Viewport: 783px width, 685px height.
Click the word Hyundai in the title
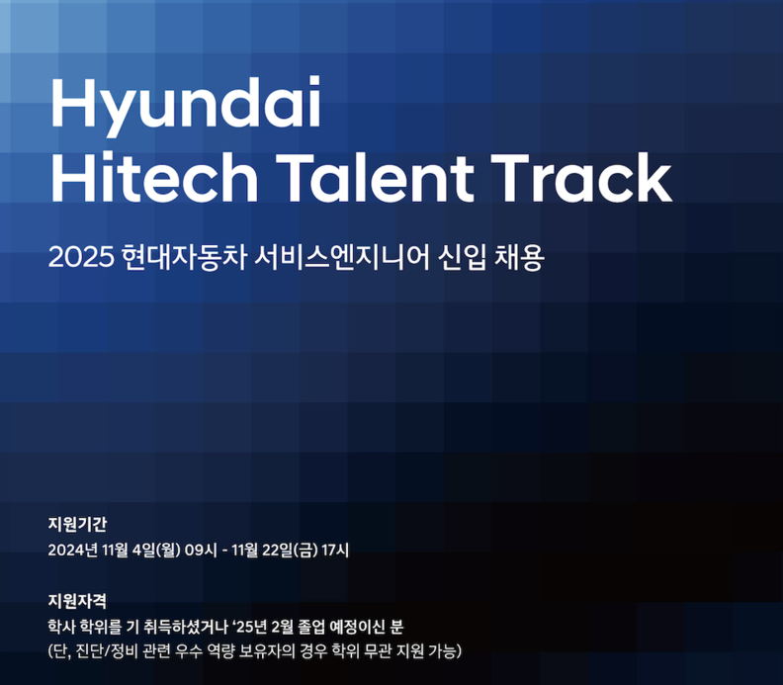tap(185, 106)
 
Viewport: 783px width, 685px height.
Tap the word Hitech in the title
tap(154, 177)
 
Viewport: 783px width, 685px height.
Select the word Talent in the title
tap(375, 177)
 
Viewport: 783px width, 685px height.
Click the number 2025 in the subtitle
tap(81, 258)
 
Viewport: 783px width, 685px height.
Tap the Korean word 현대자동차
tap(184, 258)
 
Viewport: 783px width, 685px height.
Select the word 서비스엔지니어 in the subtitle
tap(341, 258)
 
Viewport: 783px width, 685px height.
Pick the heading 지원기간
tap(77, 524)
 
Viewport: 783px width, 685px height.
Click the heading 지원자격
tap(77, 601)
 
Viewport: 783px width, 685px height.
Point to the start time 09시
tap(201, 551)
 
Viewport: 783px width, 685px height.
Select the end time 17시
tap(335, 551)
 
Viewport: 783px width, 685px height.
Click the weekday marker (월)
tap(168, 551)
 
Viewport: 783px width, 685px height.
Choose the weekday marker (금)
tap(305, 551)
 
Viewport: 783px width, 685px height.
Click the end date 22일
tap(277, 551)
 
